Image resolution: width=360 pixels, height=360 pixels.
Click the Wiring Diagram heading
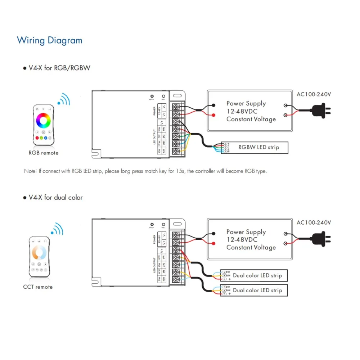[50, 40]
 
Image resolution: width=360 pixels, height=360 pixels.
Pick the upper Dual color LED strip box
[254, 275]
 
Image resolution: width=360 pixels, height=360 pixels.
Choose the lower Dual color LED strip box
[254, 290]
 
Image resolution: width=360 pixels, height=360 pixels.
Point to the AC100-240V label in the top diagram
[314, 94]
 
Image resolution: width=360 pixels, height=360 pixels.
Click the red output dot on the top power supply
[214, 116]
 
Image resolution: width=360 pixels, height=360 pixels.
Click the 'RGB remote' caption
[43, 153]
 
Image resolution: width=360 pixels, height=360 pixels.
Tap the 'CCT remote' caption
[38, 287]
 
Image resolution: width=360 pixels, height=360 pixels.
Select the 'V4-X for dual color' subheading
[55, 197]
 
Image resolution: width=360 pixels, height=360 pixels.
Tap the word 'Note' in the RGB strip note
[30, 171]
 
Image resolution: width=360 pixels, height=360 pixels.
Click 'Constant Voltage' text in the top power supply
[251, 119]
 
